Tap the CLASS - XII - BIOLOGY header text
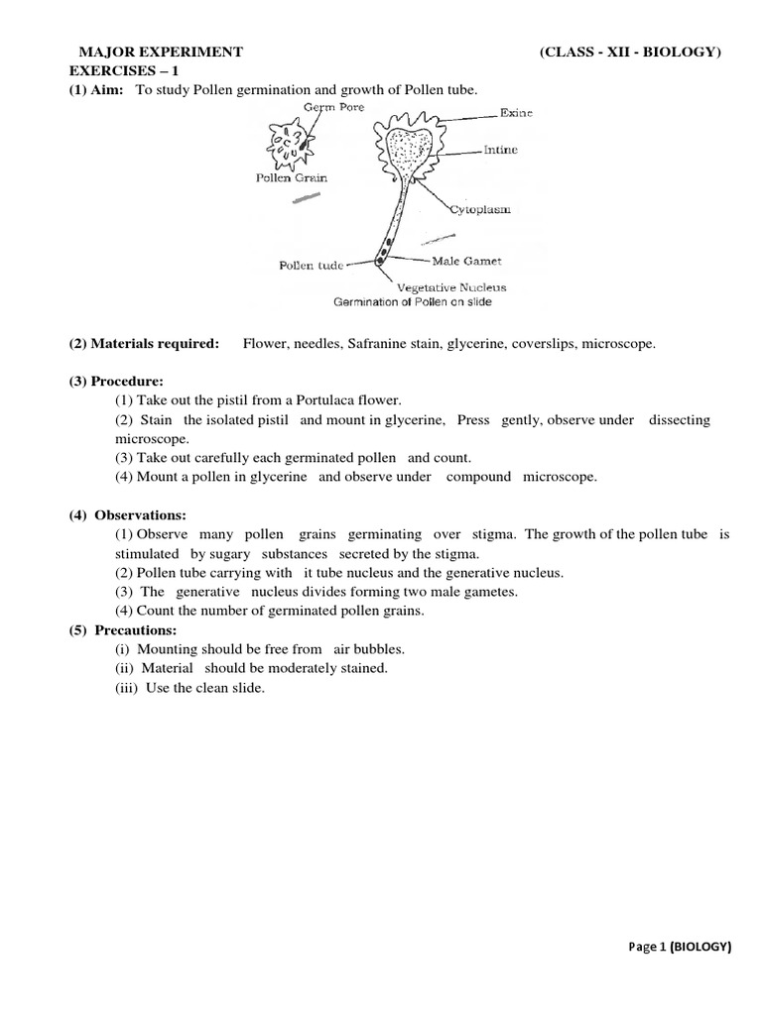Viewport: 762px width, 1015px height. pyautogui.click(x=630, y=53)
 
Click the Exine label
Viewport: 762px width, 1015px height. pyautogui.click(x=517, y=114)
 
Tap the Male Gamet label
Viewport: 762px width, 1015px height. pyautogui.click(x=465, y=262)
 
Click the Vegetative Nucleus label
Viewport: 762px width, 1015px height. pyautogui.click(x=451, y=287)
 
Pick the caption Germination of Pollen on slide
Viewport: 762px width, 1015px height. pyautogui.click(x=412, y=301)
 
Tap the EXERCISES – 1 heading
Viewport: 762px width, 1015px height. pyautogui.click(x=117, y=71)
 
